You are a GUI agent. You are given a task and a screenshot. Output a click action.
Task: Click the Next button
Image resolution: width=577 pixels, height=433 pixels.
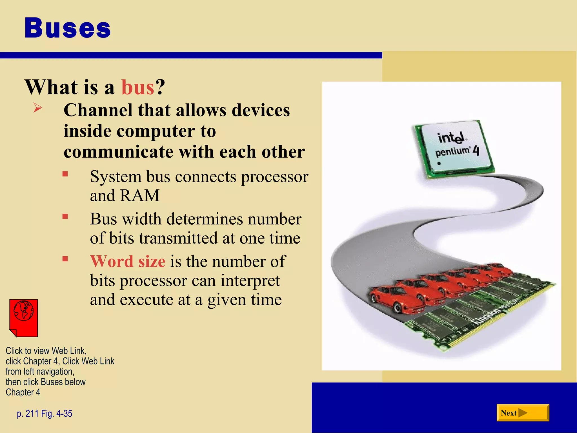tap(523, 413)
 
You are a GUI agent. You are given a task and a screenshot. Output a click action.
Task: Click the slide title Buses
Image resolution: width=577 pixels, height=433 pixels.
tap(68, 28)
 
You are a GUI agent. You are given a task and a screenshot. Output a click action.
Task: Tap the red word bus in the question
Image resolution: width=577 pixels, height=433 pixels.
tap(138, 87)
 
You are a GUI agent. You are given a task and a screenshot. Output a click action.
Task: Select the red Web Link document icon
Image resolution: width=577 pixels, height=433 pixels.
tap(24, 318)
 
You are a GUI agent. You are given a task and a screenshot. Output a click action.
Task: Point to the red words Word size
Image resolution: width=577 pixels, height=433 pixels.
tap(128, 261)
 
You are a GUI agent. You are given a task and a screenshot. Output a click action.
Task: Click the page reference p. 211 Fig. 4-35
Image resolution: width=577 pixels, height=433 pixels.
tap(45, 414)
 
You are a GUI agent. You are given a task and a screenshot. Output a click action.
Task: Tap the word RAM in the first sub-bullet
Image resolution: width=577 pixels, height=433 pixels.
tap(140, 195)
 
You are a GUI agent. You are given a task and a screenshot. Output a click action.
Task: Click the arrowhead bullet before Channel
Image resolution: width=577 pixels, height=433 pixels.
tap(37, 108)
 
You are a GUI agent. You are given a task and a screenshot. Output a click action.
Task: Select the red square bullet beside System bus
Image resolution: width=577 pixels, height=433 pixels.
tap(65, 174)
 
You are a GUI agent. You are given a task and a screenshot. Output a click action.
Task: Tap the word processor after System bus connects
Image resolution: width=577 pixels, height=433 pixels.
tap(275, 177)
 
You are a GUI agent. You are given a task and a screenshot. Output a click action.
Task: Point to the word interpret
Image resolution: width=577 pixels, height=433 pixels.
tap(250, 280)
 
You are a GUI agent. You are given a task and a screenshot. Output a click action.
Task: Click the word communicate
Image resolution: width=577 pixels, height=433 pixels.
tap(119, 152)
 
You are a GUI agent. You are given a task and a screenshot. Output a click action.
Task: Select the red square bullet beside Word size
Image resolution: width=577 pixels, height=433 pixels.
tap(65, 259)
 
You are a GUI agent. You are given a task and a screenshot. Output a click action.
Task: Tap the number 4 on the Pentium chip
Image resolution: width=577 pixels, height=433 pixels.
tap(476, 151)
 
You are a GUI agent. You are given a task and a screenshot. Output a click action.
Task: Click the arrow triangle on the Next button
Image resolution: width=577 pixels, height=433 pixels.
tap(523, 413)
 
